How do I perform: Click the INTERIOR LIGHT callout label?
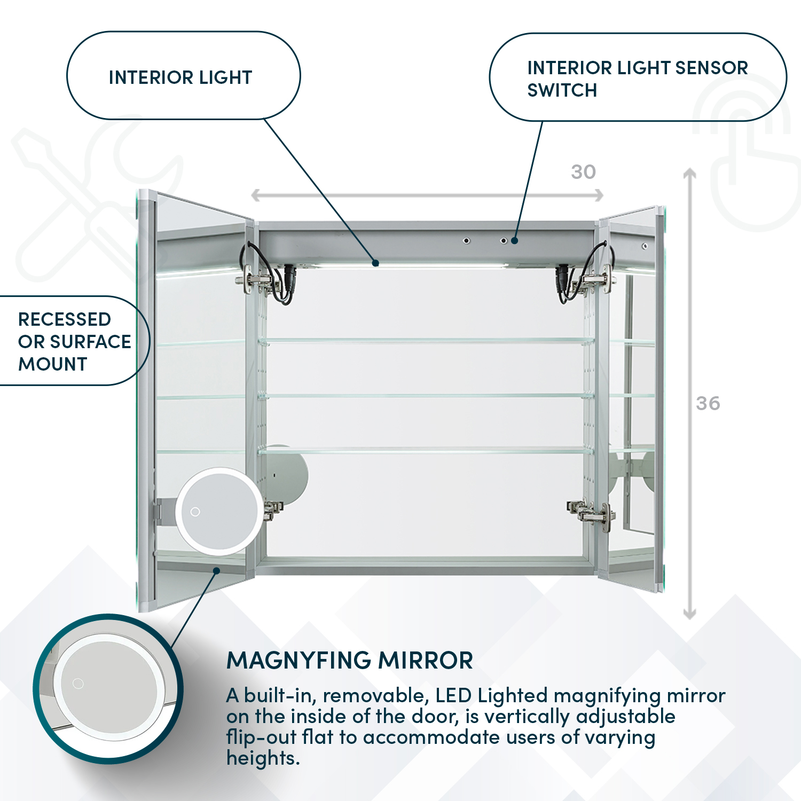point(180,77)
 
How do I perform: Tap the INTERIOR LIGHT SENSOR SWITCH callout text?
point(637,78)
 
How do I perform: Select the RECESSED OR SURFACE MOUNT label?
point(74,342)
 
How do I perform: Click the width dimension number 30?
point(583,172)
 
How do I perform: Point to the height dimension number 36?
point(708,403)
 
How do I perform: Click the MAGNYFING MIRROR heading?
point(350,661)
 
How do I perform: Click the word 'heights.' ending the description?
point(263,758)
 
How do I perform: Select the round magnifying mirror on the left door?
point(219,511)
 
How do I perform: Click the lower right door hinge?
point(592,514)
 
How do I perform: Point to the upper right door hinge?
point(594,280)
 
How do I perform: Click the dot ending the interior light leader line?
point(376,263)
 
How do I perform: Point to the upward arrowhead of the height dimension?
point(689,173)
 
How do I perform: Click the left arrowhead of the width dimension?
point(255,195)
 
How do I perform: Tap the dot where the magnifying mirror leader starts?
point(216,570)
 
